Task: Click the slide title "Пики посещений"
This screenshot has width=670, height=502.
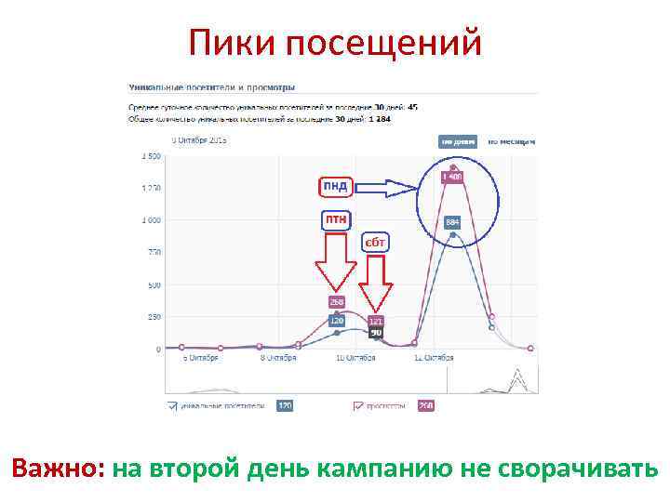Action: [x=335, y=42]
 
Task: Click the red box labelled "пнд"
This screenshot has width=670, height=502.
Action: [x=335, y=186]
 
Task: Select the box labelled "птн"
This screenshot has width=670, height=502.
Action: [x=336, y=219]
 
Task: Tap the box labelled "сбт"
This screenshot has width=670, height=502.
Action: [x=375, y=243]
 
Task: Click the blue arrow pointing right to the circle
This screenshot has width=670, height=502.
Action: [x=388, y=189]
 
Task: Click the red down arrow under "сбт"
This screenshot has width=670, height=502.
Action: [x=375, y=283]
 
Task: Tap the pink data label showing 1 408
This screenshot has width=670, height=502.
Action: [x=452, y=177]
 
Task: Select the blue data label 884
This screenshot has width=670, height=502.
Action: [x=452, y=222]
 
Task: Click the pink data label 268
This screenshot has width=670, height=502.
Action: [x=336, y=301]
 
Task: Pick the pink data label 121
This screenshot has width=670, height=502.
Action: [x=376, y=321]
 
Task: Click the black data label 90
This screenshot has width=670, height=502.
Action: [x=376, y=332]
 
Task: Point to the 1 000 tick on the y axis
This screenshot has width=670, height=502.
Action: [x=150, y=220]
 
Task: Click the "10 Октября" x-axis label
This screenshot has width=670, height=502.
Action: [x=355, y=358]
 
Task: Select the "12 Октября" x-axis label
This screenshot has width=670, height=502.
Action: [x=432, y=358]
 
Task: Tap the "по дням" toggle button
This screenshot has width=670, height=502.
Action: [x=458, y=141]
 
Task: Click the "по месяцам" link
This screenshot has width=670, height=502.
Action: [x=512, y=141]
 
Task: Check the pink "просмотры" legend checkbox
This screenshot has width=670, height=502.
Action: [x=357, y=405]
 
